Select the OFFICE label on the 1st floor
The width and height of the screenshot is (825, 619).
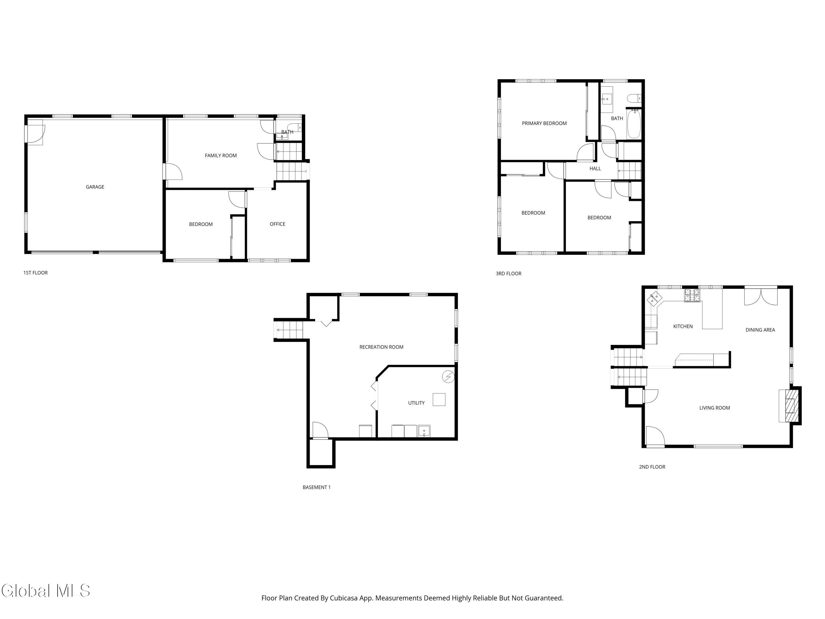[x=277, y=224]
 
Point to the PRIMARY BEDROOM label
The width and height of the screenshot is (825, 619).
[x=544, y=124]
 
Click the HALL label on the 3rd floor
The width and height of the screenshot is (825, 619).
[x=595, y=169]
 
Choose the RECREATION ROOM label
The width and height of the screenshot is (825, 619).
[x=381, y=347]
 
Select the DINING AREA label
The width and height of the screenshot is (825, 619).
[x=760, y=330]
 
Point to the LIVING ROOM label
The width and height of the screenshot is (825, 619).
[x=715, y=408]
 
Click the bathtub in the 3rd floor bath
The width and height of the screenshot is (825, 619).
[x=634, y=124]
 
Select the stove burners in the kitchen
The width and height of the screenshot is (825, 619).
[x=692, y=295]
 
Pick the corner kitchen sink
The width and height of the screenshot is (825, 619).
[x=654, y=298]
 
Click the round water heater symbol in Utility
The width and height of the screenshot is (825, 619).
[x=448, y=377]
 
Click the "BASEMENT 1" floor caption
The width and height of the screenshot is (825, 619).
[x=317, y=487]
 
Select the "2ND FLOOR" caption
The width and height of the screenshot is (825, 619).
[x=652, y=467]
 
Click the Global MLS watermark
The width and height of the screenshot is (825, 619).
[x=45, y=591]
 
